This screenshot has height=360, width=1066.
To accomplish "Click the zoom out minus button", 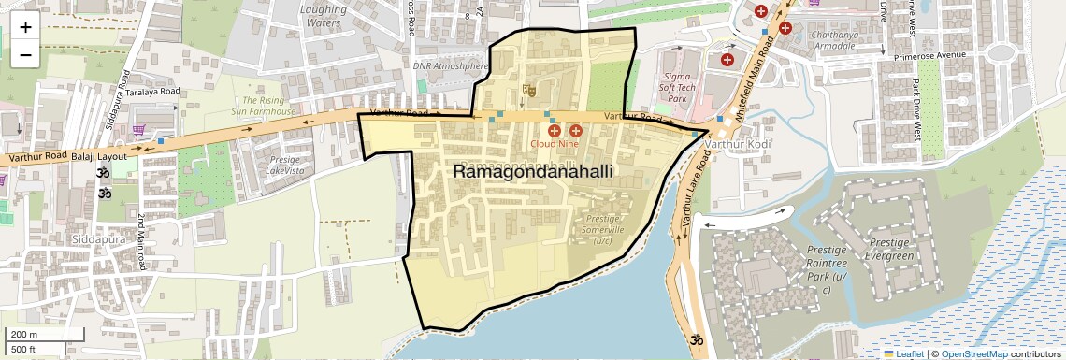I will click(x=25, y=55).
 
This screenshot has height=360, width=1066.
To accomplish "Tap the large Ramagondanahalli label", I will click(x=533, y=172).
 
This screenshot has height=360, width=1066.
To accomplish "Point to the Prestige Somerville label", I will click(x=602, y=229).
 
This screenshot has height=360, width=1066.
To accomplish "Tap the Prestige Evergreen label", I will click(x=889, y=249).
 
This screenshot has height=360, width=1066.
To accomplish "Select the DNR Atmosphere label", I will click(x=451, y=66).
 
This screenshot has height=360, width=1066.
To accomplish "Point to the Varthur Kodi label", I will click(x=738, y=146).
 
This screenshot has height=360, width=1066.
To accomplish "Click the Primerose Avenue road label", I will click(x=929, y=55).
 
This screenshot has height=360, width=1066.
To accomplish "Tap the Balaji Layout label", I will click(x=98, y=157).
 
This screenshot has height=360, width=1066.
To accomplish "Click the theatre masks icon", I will click(x=528, y=91).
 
